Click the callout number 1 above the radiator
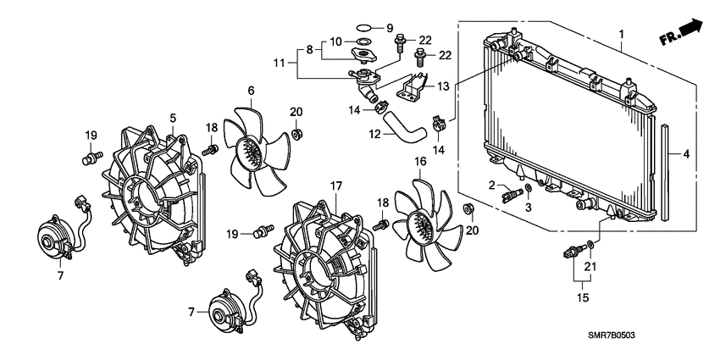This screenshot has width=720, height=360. tap(622, 33)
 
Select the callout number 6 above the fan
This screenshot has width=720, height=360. tap(251, 91)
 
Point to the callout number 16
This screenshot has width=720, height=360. tap(420, 161)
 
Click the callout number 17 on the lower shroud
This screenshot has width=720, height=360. tap(335, 186)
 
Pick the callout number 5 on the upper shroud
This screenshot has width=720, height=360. tap(172, 118)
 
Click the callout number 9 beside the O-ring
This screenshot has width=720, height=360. tap(390, 27)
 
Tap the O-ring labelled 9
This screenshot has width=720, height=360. tap(362, 27)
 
